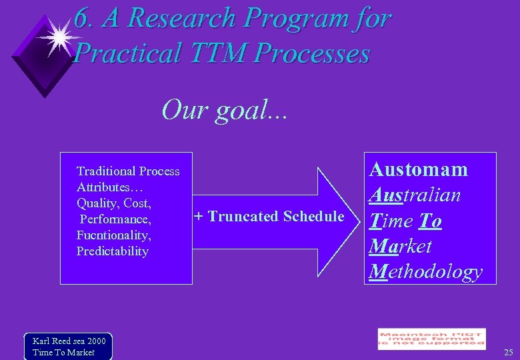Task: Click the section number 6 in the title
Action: [x=81, y=19]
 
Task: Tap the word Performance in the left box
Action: [x=115, y=219]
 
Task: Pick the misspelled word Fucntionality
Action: [x=113, y=235]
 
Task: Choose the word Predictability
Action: [x=113, y=251]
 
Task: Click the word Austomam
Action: [x=419, y=169]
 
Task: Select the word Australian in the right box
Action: [x=415, y=195]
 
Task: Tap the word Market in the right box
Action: [x=401, y=246]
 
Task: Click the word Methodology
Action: [x=425, y=271]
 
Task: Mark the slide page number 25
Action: [x=508, y=352]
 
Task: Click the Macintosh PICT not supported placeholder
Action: [x=431, y=339]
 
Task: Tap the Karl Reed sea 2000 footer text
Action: [x=69, y=341]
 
